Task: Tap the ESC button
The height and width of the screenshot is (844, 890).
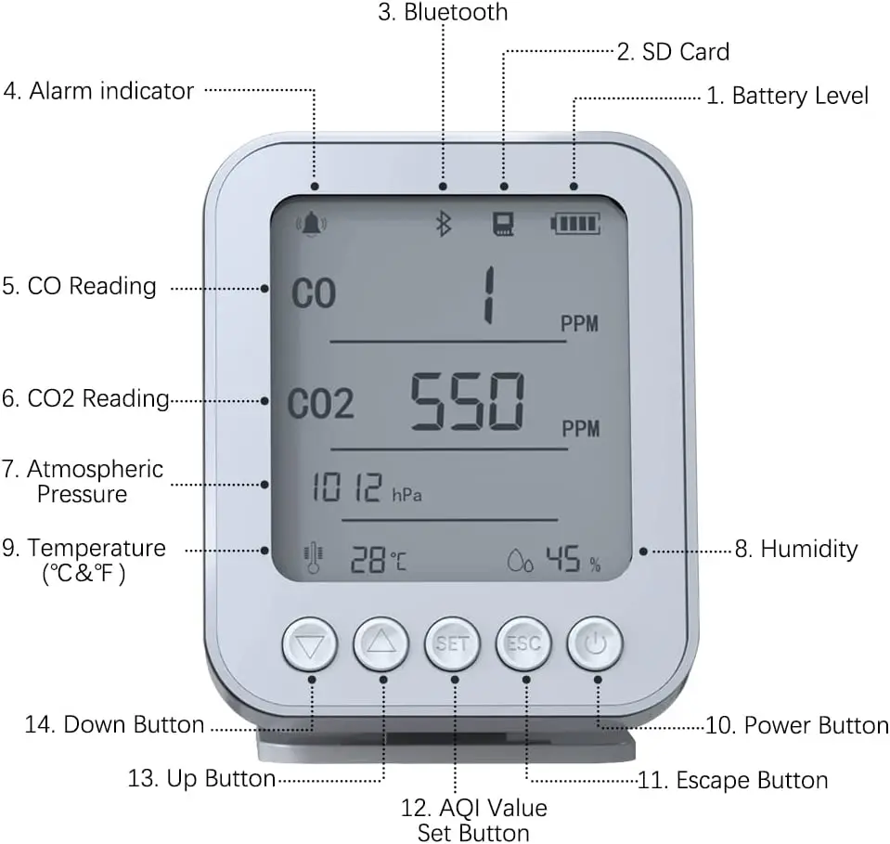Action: [524, 643]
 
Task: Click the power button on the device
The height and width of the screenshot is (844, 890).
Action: [596, 643]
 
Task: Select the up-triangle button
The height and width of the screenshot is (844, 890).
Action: [381, 643]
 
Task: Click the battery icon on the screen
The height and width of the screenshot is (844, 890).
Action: [576, 224]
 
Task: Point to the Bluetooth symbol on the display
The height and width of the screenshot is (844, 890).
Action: [444, 223]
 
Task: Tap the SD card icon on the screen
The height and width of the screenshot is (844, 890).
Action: [505, 224]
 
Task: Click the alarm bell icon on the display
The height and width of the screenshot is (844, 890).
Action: [312, 224]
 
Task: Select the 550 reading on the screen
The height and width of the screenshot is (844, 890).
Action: [468, 401]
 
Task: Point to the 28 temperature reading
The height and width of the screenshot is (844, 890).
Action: [368, 559]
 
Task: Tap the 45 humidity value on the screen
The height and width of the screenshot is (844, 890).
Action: [563, 559]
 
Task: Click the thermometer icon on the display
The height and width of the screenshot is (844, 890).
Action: [314, 558]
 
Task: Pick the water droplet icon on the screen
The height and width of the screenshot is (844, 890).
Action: [520, 560]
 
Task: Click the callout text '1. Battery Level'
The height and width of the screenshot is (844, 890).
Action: [787, 96]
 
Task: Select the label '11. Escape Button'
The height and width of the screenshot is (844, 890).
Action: [733, 780]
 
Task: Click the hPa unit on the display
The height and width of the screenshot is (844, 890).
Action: [406, 495]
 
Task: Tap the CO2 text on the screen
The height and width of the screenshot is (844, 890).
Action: [320, 405]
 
